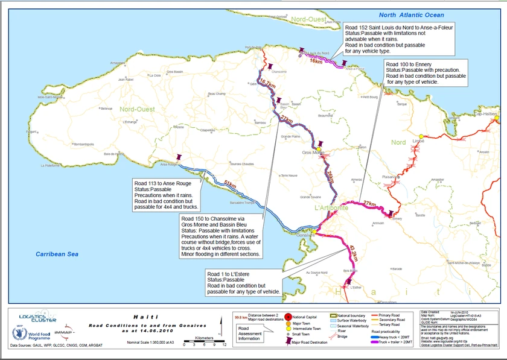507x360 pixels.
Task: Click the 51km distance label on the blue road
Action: [x=230, y=183]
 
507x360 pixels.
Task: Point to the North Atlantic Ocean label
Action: [x=412, y=15]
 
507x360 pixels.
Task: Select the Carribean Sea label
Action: [x=57, y=254]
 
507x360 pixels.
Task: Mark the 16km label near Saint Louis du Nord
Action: [x=316, y=61]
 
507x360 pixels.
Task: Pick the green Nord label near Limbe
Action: [x=399, y=142]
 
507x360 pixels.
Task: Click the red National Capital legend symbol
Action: [x=288, y=315]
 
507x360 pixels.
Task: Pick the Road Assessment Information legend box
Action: [x=249, y=333]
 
